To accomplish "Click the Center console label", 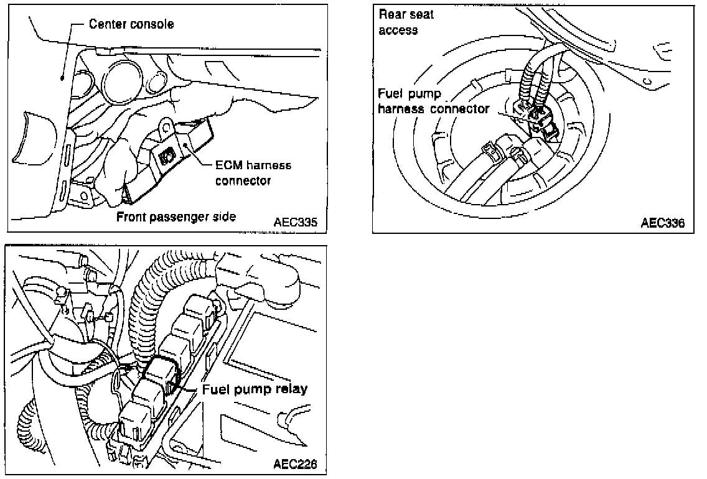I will (x=131, y=25).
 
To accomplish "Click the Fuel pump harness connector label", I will (x=433, y=101).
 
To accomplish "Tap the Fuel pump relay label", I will (x=255, y=390).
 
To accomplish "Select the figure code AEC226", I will (x=295, y=464).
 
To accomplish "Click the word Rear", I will (x=393, y=14).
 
